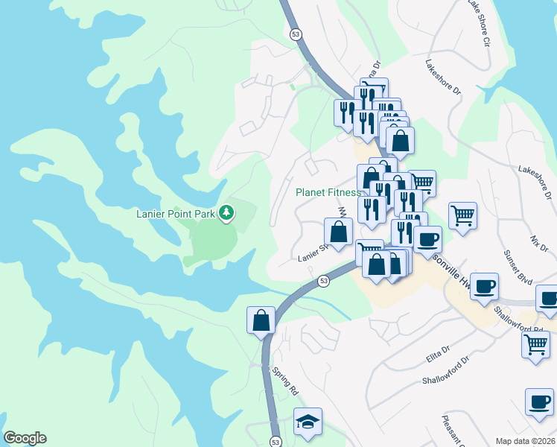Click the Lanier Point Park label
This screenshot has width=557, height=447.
(175, 214)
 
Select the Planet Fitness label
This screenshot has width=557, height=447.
(328, 192)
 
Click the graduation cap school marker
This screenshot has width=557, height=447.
(308, 422)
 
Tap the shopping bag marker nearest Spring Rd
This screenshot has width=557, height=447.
(261, 320)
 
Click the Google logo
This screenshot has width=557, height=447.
(25, 438)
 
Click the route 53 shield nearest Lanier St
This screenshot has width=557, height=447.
(323, 281)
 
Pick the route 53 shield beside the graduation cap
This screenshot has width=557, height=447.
(276, 441)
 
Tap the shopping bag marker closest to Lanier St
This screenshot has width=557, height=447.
(338, 231)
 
